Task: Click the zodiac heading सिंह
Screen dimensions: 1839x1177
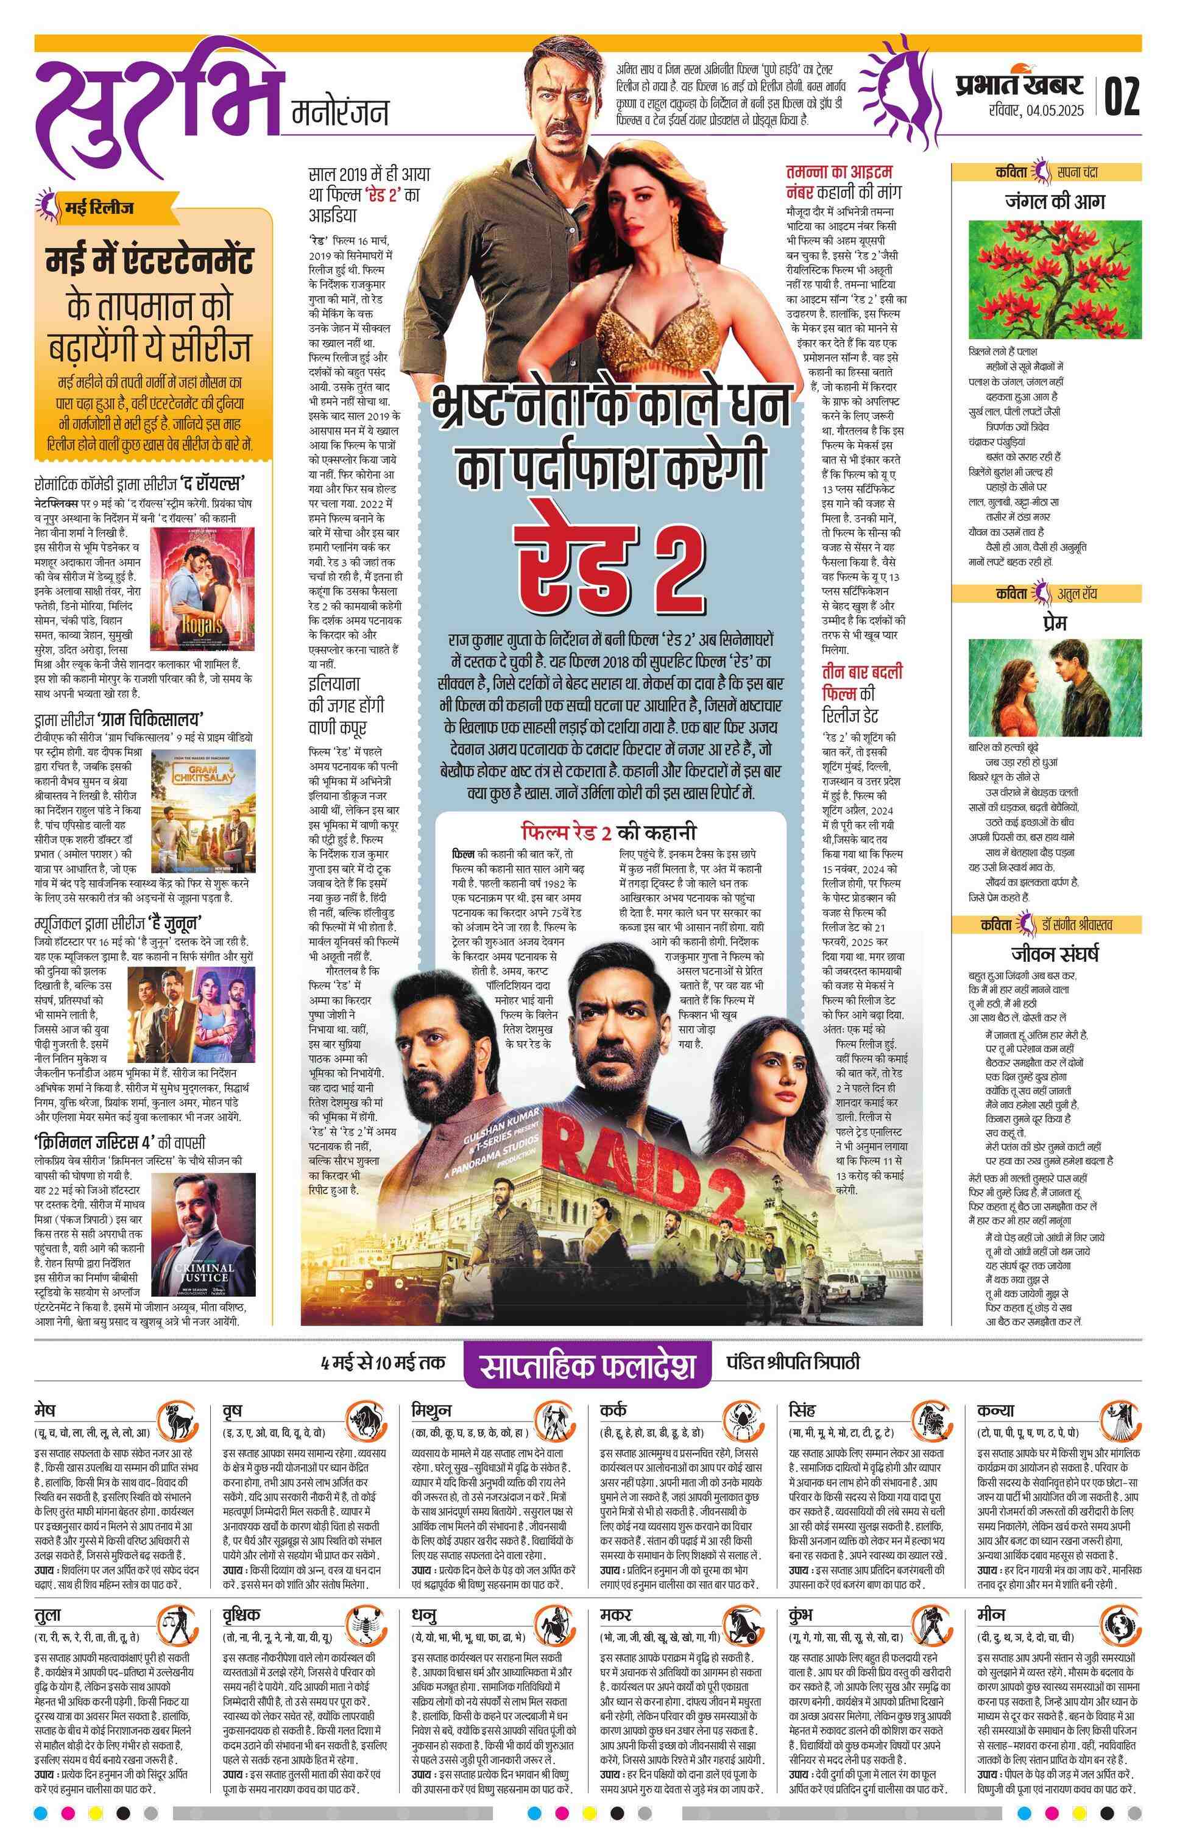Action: coord(802,1410)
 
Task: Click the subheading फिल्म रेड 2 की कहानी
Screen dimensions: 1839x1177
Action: coord(609,832)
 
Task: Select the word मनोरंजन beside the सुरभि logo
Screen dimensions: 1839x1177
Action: coord(341,112)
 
